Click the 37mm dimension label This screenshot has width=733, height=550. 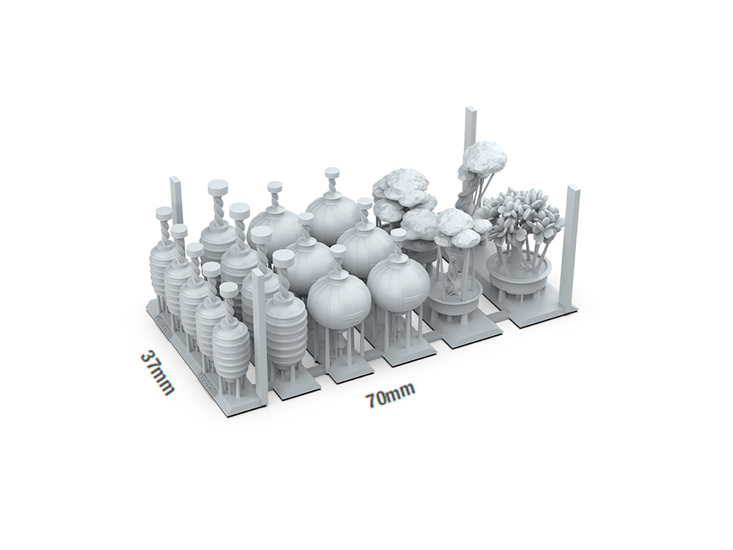[x=158, y=373]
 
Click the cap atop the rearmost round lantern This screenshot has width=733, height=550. [x=332, y=172]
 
